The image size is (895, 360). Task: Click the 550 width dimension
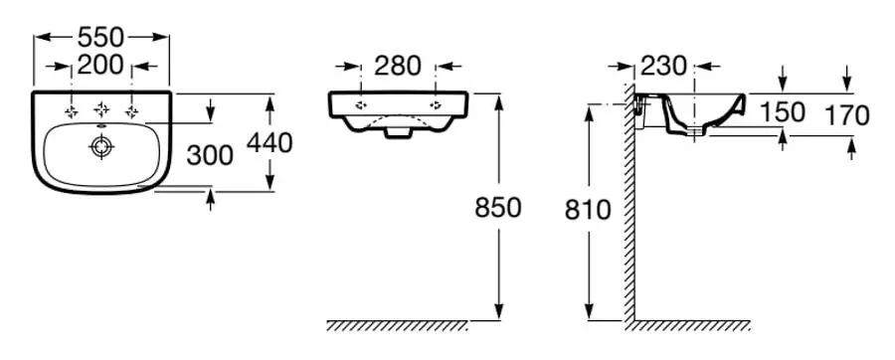point(100,38)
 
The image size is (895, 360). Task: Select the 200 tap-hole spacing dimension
point(100,66)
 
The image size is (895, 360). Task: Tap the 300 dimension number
point(210,155)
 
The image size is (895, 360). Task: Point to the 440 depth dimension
point(269,142)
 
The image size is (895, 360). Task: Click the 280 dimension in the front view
point(398,66)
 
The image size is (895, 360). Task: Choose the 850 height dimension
point(498,208)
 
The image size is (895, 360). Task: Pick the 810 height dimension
point(588,211)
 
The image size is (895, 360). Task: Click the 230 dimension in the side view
point(663,67)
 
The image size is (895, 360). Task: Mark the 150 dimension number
point(782,112)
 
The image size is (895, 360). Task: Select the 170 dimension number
point(847,115)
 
